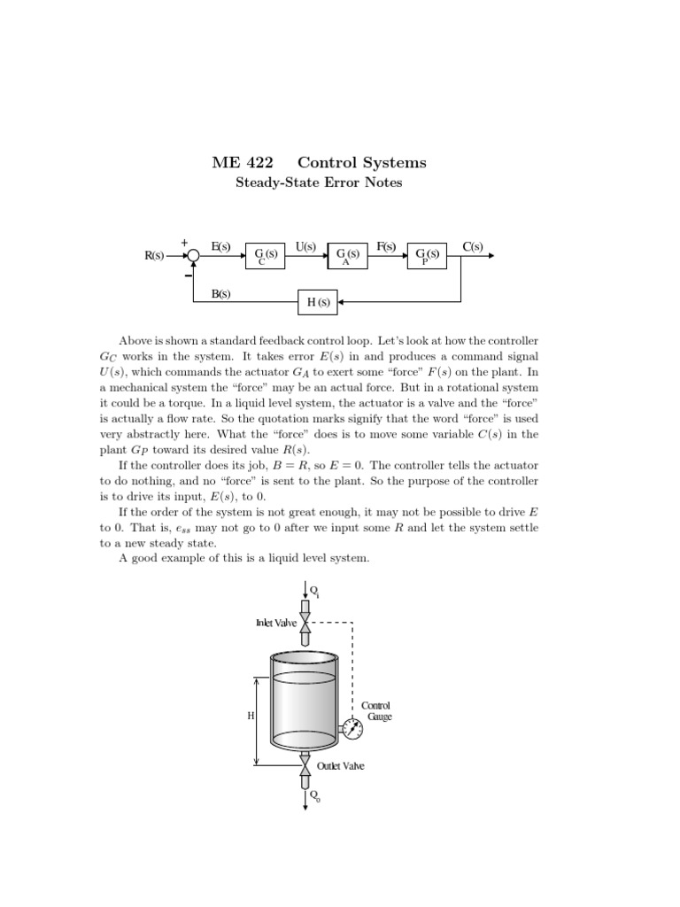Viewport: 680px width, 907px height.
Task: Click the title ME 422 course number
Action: (243, 163)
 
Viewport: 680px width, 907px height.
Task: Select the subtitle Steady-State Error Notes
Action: (318, 183)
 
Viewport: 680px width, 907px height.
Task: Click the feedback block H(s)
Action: (318, 302)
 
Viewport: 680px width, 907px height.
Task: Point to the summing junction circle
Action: (193, 256)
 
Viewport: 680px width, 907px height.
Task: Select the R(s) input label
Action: (155, 256)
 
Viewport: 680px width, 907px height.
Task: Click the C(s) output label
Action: (473, 246)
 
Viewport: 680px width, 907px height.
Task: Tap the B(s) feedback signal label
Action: (221, 293)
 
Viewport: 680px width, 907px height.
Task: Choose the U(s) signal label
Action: (305, 246)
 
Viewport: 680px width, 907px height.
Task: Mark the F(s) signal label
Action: (386, 246)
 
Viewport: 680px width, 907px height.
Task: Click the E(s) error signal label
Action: (221, 246)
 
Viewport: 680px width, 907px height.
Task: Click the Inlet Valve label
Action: (276, 623)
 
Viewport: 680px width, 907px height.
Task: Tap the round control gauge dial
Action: (352, 731)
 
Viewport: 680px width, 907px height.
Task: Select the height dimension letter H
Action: (251, 715)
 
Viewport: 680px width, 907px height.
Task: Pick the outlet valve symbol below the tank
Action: (305, 764)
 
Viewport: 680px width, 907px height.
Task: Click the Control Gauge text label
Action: (376, 711)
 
